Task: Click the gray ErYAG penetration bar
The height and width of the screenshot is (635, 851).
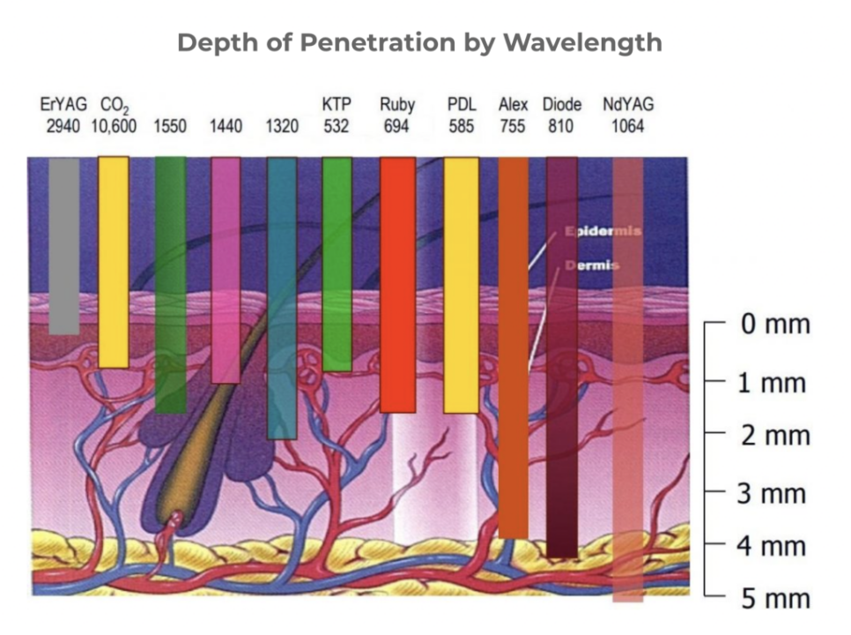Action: point(63,245)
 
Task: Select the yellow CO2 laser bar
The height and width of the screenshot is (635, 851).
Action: point(113,261)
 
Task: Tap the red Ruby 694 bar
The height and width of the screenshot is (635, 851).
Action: point(397,284)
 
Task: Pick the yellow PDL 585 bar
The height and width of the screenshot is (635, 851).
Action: point(461,284)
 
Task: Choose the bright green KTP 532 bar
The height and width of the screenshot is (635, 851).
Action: point(337,263)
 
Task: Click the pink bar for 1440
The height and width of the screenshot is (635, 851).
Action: point(226,269)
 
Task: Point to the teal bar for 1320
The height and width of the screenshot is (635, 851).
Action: point(282,297)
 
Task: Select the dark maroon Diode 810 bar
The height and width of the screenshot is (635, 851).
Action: point(562,356)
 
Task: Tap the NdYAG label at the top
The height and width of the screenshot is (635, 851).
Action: point(628,105)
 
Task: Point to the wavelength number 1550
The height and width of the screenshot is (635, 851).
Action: point(170,126)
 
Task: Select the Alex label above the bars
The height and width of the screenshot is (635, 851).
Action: point(513,105)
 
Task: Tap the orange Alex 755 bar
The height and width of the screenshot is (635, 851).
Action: point(514,347)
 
